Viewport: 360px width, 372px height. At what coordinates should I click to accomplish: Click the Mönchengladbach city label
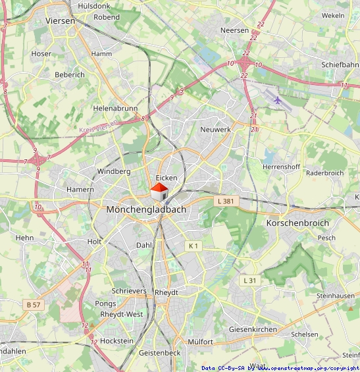(x=146, y=209)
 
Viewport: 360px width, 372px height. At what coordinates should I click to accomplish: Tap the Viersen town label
(x=61, y=20)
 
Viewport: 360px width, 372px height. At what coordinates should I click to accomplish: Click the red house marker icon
(x=159, y=192)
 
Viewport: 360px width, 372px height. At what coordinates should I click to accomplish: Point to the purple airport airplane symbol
(x=278, y=101)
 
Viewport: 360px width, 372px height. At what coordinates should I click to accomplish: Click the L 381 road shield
(x=225, y=201)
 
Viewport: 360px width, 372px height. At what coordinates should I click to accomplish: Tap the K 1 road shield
(x=193, y=246)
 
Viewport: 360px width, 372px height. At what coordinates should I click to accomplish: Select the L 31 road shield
(x=249, y=280)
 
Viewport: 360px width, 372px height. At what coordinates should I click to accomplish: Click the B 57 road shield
(x=34, y=305)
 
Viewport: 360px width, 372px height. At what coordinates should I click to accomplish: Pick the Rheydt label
(x=167, y=292)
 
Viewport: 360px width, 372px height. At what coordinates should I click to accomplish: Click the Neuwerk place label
(x=215, y=130)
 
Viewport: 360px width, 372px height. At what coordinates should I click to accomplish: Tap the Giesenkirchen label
(x=253, y=329)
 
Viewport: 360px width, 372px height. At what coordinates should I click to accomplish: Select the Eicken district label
(x=167, y=178)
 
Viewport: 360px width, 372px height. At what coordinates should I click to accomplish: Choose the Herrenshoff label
(x=281, y=167)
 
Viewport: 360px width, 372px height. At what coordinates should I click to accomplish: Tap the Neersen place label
(x=235, y=30)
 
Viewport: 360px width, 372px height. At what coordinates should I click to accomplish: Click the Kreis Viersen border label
(x=99, y=126)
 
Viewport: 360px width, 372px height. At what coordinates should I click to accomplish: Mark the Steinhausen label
(x=335, y=296)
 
